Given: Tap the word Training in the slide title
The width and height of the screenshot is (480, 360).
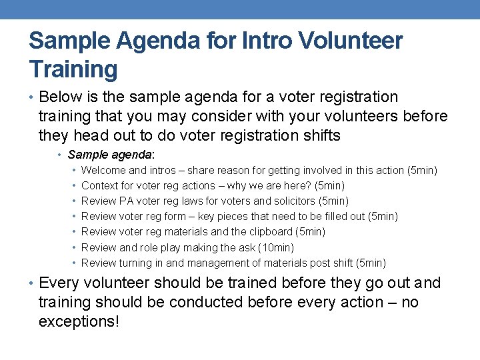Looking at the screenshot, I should click(73, 69).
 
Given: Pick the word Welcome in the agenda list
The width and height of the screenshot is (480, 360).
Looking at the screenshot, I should click(103, 171).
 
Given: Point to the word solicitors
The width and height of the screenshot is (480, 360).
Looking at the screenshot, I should click(294, 201).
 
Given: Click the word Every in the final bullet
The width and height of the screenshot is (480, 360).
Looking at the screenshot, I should click(63, 283).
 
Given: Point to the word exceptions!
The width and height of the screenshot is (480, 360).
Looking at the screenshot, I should click(79, 322).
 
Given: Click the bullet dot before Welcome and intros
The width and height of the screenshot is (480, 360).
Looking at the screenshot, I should click(74, 171).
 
